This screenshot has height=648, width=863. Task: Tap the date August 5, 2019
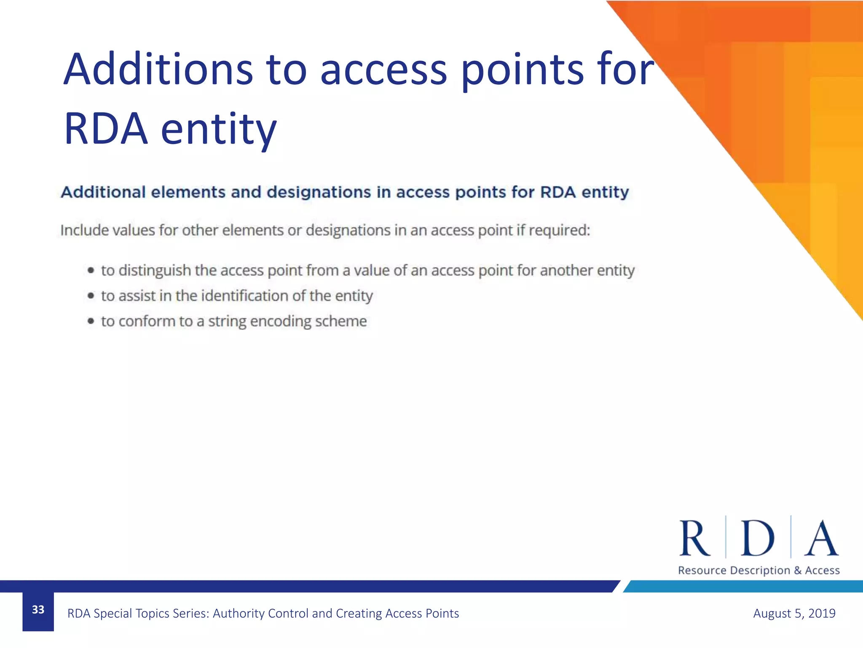click(x=794, y=613)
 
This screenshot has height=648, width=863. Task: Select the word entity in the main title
click(x=219, y=129)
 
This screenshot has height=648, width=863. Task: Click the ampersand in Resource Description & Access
click(x=797, y=570)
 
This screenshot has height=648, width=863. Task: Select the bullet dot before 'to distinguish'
click(x=91, y=270)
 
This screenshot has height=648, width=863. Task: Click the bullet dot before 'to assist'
click(x=91, y=296)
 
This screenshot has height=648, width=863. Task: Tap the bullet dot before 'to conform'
click(x=91, y=321)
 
